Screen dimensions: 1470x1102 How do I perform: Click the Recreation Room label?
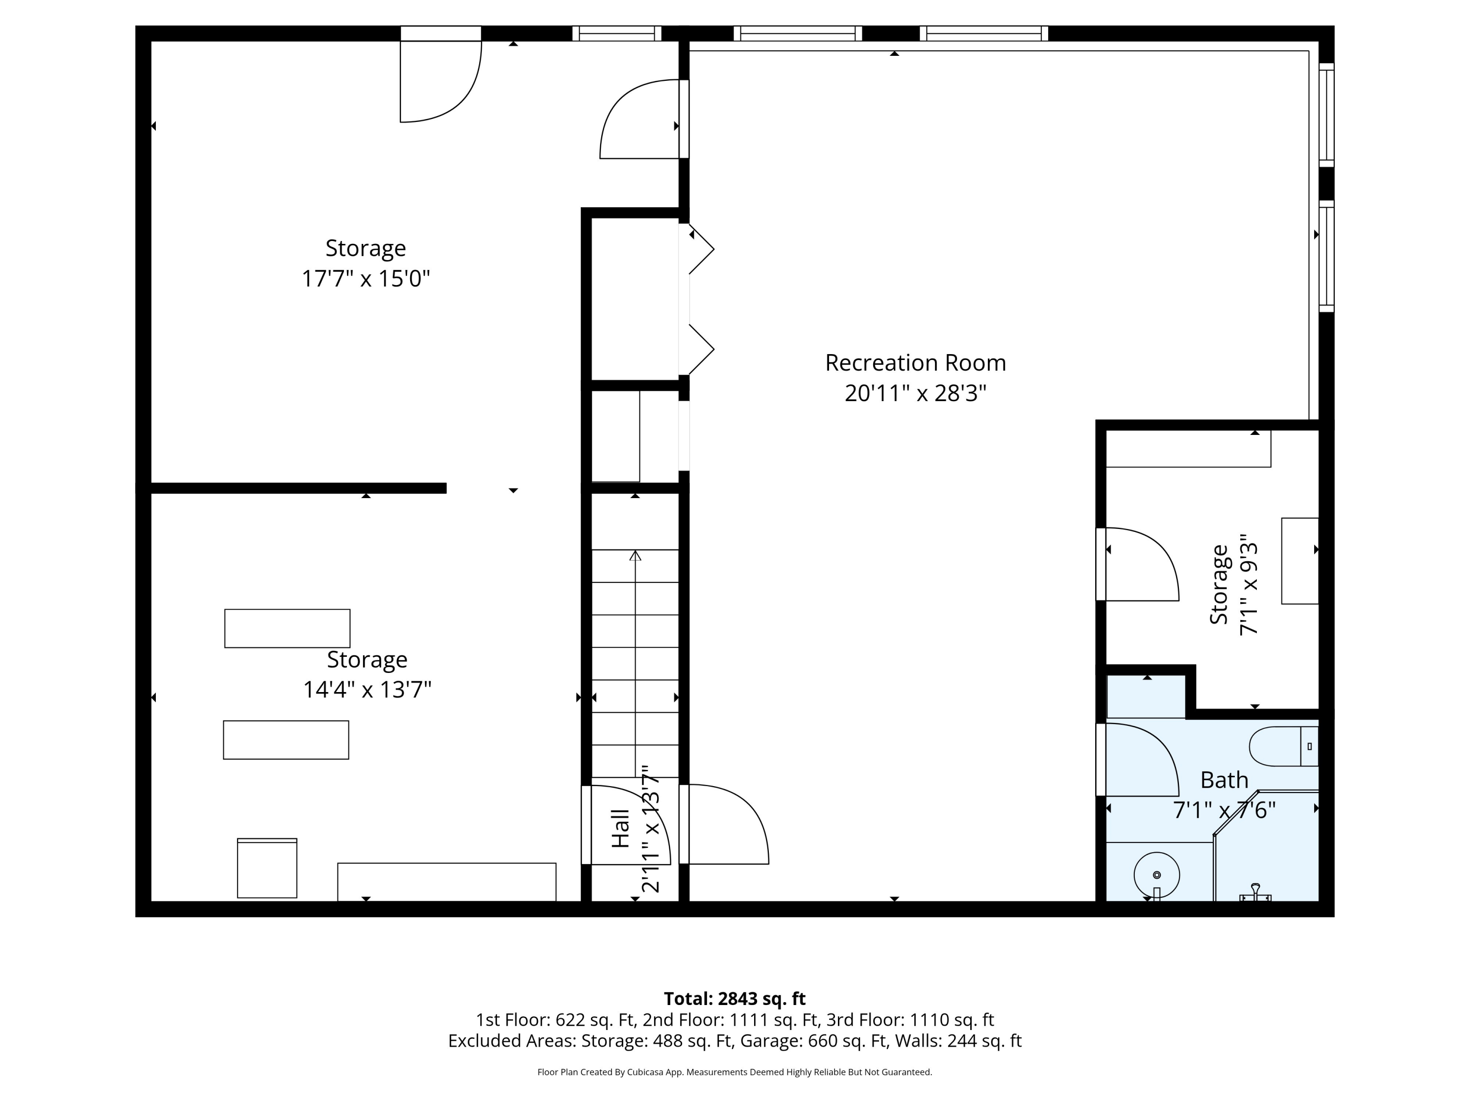915,363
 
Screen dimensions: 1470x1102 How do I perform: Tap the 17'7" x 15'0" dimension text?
366,278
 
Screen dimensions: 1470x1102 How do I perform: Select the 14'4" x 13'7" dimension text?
367,690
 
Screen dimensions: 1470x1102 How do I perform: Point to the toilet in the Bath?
1283,746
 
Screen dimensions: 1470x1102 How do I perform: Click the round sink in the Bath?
1156,876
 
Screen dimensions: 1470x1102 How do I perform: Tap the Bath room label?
1224,780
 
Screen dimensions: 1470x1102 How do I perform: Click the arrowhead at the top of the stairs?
636,555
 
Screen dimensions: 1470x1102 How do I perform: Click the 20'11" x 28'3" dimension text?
915,393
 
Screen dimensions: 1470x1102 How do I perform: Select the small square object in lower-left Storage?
267,868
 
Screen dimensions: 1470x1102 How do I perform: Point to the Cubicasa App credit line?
735,1072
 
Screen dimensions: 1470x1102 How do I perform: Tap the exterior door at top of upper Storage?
441,74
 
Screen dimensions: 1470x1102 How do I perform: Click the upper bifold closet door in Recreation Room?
696,249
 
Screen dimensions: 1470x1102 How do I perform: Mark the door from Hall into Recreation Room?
724,824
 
